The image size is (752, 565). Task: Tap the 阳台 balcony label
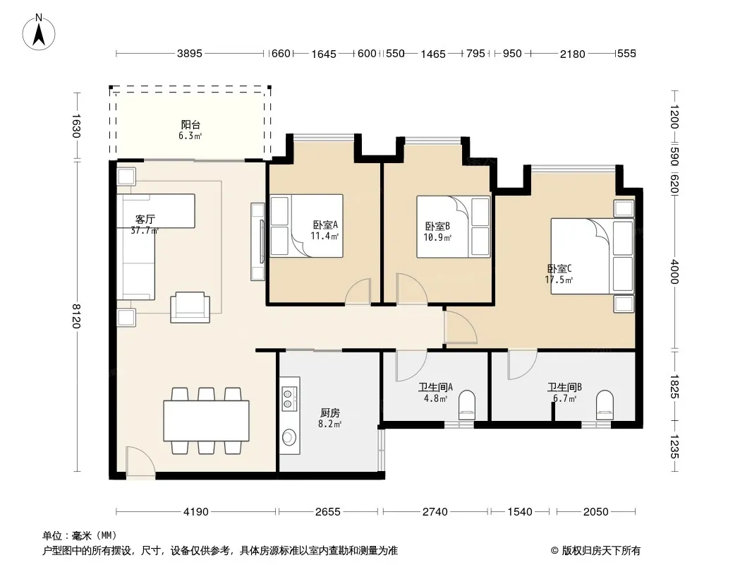pyautogui.click(x=190, y=125)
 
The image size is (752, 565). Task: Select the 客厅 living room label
pyautogui.click(x=145, y=220)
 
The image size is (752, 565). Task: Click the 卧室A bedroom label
pyautogui.click(x=325, y=224)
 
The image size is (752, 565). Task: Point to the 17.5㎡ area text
pyautogui.click(x=559, y=280)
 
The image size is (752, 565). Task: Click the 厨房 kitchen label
pyautogui.click(x=330, y=413)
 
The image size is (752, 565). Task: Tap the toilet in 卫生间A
pyautogui.click(x=466, y=403)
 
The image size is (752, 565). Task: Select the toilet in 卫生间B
pyautogui.click(x=605, y=403)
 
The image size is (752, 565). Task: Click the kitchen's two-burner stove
pyautogui.click(x=288, y=398)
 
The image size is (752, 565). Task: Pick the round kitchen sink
pyautogui.click(x=289, y=437)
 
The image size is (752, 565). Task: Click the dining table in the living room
pyautogui.click(x=206, y=420)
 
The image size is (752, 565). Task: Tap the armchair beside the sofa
pyautogui.click(x=190, y=307)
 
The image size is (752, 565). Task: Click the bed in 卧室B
pyautogui.click(x=453, y=227)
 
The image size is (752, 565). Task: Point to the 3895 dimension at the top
pyautogui.click(x=190, y=53)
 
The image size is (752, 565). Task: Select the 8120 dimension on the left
pyautogui.click(x=75, y=316)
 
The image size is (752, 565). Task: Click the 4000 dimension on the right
pyautogui.click(x=675, y=272)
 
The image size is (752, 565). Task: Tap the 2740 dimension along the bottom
pyautogui.click(x=435, y=512)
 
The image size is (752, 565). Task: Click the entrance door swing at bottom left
pyautogui.click(x=140, y=462)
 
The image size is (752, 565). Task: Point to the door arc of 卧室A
pyautogui.click(x=358, y=291)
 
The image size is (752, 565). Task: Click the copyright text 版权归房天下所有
pyautogui.click(x=602, y=551)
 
